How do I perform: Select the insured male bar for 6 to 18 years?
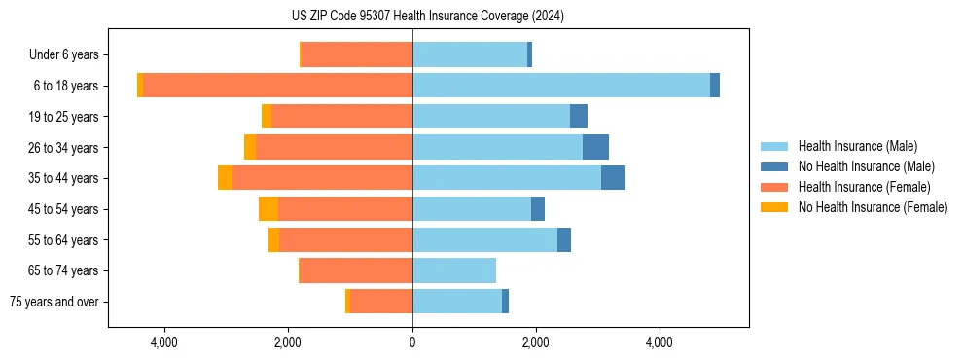pos(561,86)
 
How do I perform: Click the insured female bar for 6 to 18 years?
pos(278,86)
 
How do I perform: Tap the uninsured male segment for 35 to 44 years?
pos(613,178)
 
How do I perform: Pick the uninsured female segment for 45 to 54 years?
pos(268,209)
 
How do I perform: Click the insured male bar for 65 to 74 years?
pos(454,270)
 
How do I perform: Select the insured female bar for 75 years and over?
pos(381,302)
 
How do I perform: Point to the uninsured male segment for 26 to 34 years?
pos(595,148)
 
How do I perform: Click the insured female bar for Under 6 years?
pos(357,54)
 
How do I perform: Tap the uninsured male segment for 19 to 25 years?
pos(579,117)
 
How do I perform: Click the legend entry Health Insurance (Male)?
pos(857,146)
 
